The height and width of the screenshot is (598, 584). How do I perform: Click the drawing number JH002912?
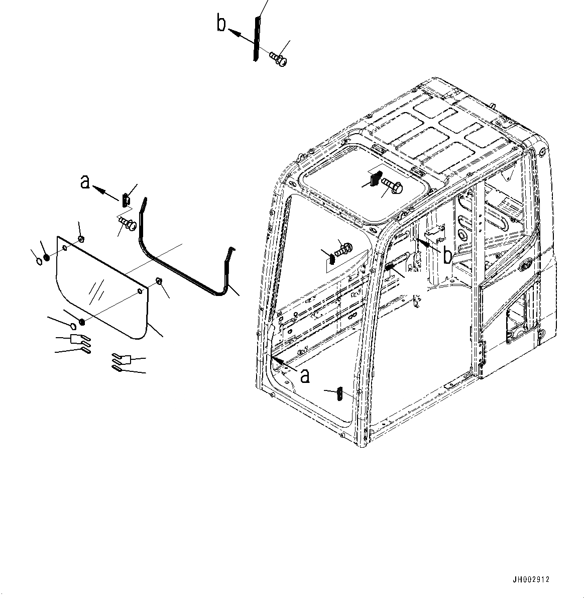531,579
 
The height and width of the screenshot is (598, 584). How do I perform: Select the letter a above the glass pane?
86,182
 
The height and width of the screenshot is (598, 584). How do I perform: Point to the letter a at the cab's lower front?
304,375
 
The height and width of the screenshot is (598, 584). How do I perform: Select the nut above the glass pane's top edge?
80,238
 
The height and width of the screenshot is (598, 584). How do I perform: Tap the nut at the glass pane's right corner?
158,281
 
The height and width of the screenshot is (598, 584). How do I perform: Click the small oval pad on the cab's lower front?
340,393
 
